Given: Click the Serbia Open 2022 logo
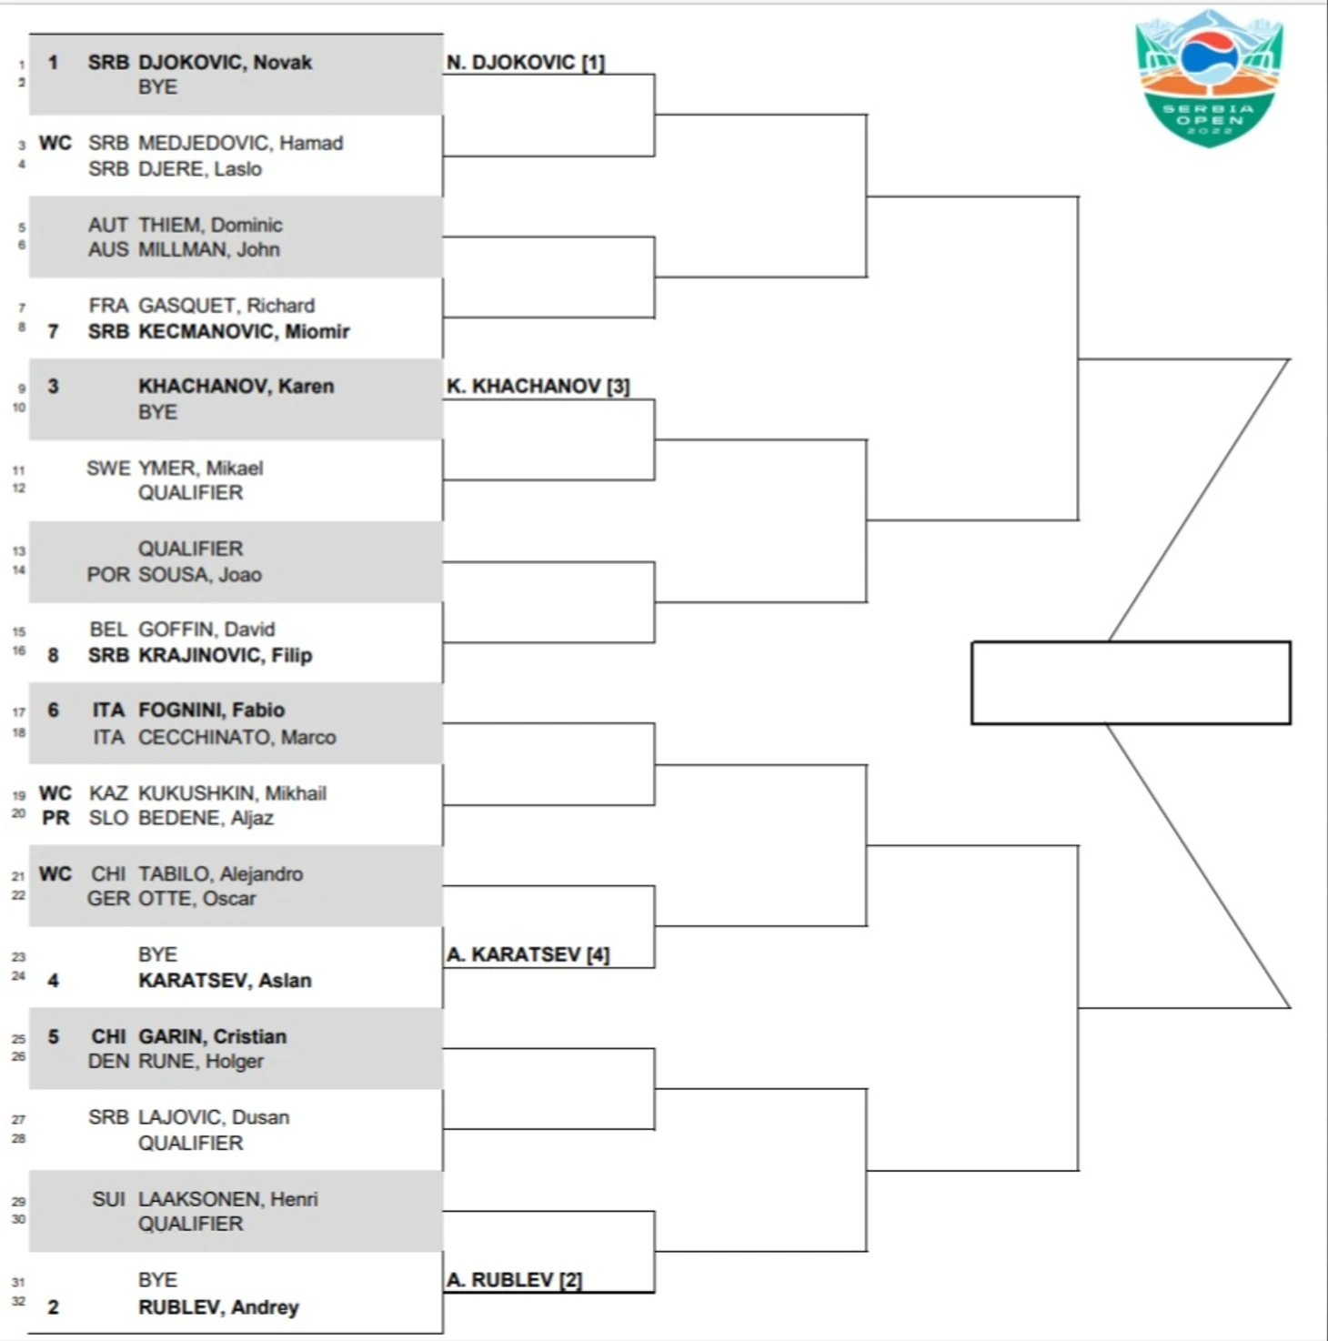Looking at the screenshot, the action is click(x=1209, y=78).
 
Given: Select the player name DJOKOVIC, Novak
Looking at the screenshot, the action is click(x=225, y=63).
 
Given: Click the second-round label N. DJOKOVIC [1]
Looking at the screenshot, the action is click(x=526, y=63).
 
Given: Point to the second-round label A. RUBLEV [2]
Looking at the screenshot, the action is click(x=514, y=1279).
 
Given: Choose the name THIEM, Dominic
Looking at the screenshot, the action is click(x=210, y=225).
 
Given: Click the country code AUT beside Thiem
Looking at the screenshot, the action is click(x=108, y=225).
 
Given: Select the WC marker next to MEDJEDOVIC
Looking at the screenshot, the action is click(x=55, y=143).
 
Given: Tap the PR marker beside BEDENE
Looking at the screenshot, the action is click(x=55, y=818).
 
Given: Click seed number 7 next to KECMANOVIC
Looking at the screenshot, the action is click(x=53, y=331).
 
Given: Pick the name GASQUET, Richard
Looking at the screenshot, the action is click(x=226, y=306).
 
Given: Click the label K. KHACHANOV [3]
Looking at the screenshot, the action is click(x=538, y=387).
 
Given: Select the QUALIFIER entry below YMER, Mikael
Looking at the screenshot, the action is click(x=190, y=493).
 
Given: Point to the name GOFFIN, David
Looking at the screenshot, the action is click(x=206, y=629).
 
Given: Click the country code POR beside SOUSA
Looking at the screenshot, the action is click(x=108, y=574).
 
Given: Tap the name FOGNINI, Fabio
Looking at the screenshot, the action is click(x=212, y=710).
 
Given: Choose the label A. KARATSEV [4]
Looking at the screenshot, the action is click(x=528, y=954).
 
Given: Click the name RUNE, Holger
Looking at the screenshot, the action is click(x=200, y=1062).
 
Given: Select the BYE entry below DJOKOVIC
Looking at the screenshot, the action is click(x=158, y=87).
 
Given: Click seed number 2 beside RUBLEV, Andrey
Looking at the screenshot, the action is click(x=53, y=1307).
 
